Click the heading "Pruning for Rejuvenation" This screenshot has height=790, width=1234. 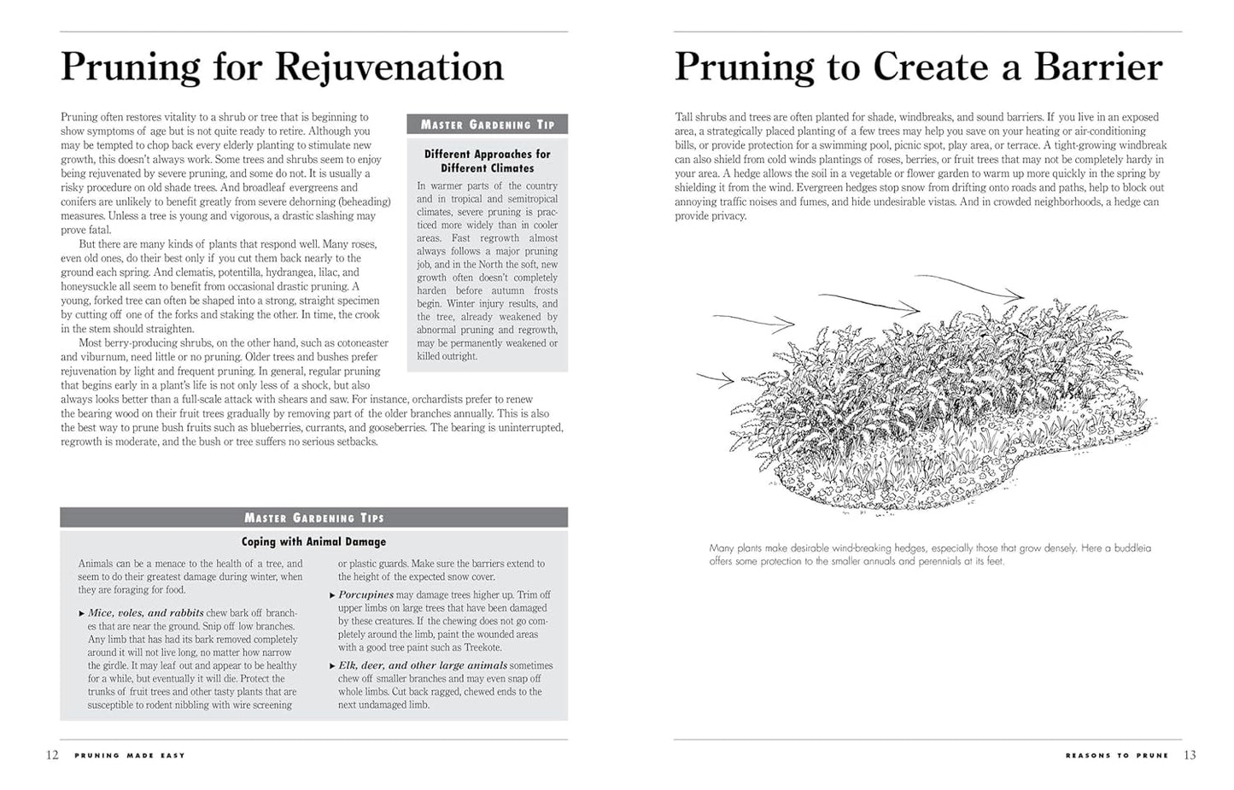[x=282, y=67]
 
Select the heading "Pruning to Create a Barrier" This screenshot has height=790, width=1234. [x=918, y=67]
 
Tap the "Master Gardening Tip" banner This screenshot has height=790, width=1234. [x=488, y=125]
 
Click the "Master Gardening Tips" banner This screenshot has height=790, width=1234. [x=313, y=518]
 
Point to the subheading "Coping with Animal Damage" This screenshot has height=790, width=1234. [x=313, y=541]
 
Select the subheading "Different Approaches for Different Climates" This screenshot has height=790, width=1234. [x=488, y=161]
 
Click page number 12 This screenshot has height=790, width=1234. [x=52, y=755]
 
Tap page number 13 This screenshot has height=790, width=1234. [x=1190, y=755]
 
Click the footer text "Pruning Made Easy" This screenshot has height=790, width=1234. [x=130, y=756]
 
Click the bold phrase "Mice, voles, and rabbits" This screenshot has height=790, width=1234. [x=146, y=613]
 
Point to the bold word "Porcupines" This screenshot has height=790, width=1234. [x=366, y=594]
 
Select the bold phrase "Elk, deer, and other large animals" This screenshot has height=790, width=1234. [x=423, y=665]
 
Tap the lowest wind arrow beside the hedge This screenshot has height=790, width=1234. [x=716, y=377]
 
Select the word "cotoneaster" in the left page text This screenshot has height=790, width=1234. [x=360, y=342]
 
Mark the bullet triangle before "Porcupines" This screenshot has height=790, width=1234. [x=332, y=595]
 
